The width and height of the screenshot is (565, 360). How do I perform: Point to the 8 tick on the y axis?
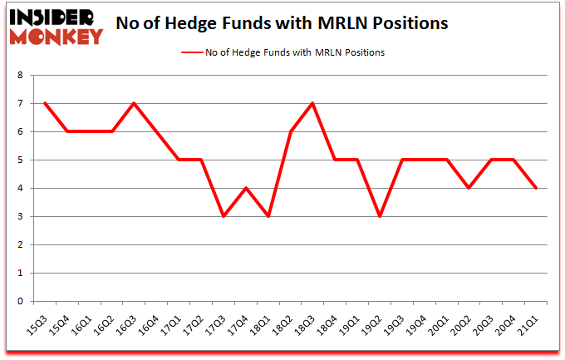(19, 75)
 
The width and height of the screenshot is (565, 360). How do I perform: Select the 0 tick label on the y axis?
(19, 301)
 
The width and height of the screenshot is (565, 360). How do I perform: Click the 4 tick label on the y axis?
(19, 188)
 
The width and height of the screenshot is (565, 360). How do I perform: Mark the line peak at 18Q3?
(312, 103)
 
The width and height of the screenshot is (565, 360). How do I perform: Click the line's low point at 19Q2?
(381, 216)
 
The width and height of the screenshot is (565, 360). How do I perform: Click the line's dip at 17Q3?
(223, 216)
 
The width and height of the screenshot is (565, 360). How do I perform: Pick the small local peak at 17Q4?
(245, 188)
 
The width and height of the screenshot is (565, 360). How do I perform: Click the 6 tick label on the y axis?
(19, 131)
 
